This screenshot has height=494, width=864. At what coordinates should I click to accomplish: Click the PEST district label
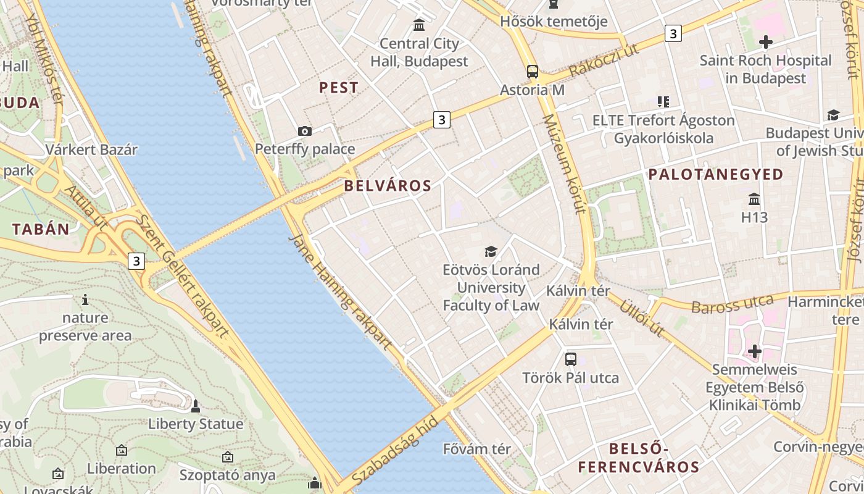pos(338,88)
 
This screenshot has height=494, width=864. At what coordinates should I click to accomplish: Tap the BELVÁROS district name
pos(388,185)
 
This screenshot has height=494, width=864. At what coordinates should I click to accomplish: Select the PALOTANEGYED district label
pos(715,175)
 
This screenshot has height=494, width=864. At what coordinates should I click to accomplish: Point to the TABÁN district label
pos(41,229)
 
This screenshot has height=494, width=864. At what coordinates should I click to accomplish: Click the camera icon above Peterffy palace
pos(304,131)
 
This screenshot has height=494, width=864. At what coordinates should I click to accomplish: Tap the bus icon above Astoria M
pos(532,72)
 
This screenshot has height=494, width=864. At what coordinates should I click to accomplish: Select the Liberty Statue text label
pos(196,424)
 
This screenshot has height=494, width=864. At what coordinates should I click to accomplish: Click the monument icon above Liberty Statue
pos(196,406)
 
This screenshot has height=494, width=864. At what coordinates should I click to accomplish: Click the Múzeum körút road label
pos(563,164)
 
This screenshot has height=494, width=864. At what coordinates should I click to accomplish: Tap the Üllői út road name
pos(642,318)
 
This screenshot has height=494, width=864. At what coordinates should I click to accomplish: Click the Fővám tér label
pos(478,449)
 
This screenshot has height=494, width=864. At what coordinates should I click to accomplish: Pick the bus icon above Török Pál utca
pos(570,359)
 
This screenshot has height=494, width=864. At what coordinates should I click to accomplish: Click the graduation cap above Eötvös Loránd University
pos(491,251)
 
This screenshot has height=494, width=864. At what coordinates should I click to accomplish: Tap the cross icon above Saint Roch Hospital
pos(765,42)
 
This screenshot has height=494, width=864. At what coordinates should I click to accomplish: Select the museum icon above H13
pos(754,199)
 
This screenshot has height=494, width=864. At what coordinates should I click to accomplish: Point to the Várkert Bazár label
pos(91,149)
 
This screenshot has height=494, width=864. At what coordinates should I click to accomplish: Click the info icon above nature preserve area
pos(85,300)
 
